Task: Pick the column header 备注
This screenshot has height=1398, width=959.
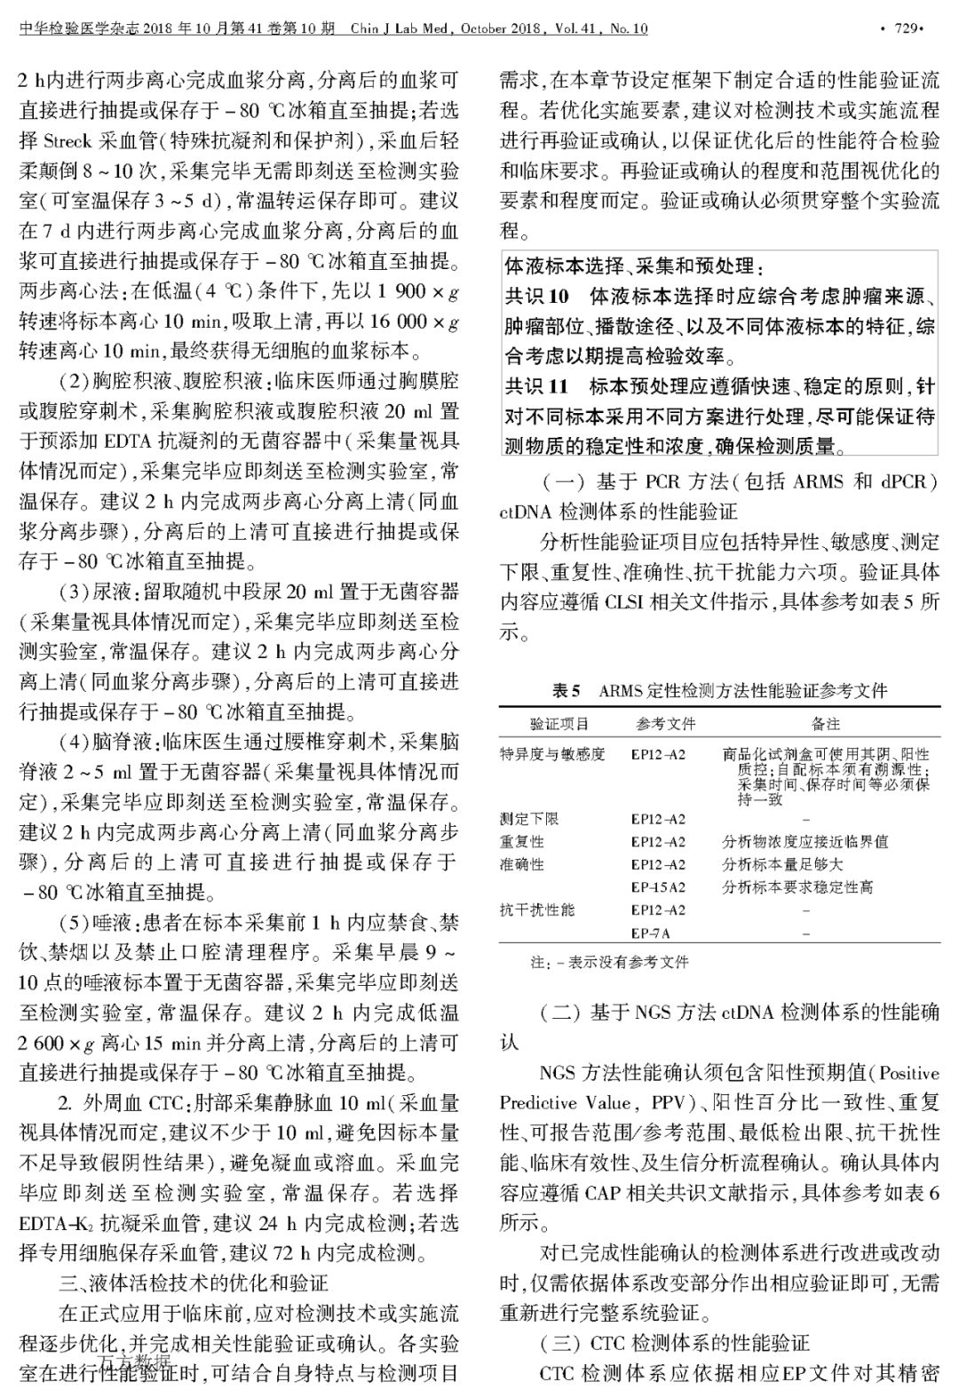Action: [826, 724]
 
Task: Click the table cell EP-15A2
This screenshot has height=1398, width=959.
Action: [658, 886]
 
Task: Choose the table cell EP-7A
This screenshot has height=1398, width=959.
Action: [651, 933]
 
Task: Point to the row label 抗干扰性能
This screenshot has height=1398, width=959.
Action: [536, 909]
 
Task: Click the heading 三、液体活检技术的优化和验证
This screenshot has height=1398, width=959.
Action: [194, 1283]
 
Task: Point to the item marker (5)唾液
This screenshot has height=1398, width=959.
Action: [98, 922]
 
